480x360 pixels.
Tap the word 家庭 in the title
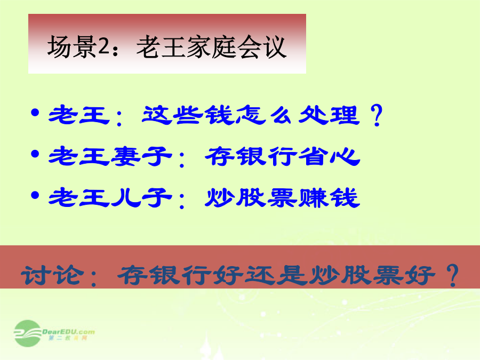pyautogui.click(x=211, y=47)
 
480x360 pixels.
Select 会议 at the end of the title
pyautogui.click(x=262, y=47)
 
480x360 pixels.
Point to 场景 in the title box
pyautogui.click(x=72, y=47)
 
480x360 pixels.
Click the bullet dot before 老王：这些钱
pyautogui.click(x=35, y=113)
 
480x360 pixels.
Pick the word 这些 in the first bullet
pyautogui.click(x=172, y=115)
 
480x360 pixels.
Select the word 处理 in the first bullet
pyautogui.click(x=329, y=115)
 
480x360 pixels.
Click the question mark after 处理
pyautogui.click(x=377, y=115)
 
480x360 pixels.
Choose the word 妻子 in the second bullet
pyautogui.click(x=141, y=156)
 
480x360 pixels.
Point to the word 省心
pyautogui.click(x=329, y=156)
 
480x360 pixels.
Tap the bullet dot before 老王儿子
pyautogui.click(x=35, y=195)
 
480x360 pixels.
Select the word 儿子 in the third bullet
pyautogui.click(x=141, y=198)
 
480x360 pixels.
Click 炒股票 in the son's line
pyautogui.click(x=251, y=198)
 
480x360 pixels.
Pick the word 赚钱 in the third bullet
pyautogui.click(x=329, y=198)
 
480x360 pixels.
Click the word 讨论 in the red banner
pyautogui.click(x=52, y=275)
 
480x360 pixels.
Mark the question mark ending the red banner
pyautogui.click(x=452, y=275)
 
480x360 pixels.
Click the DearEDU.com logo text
pyautogui.click(x=68, y=332)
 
